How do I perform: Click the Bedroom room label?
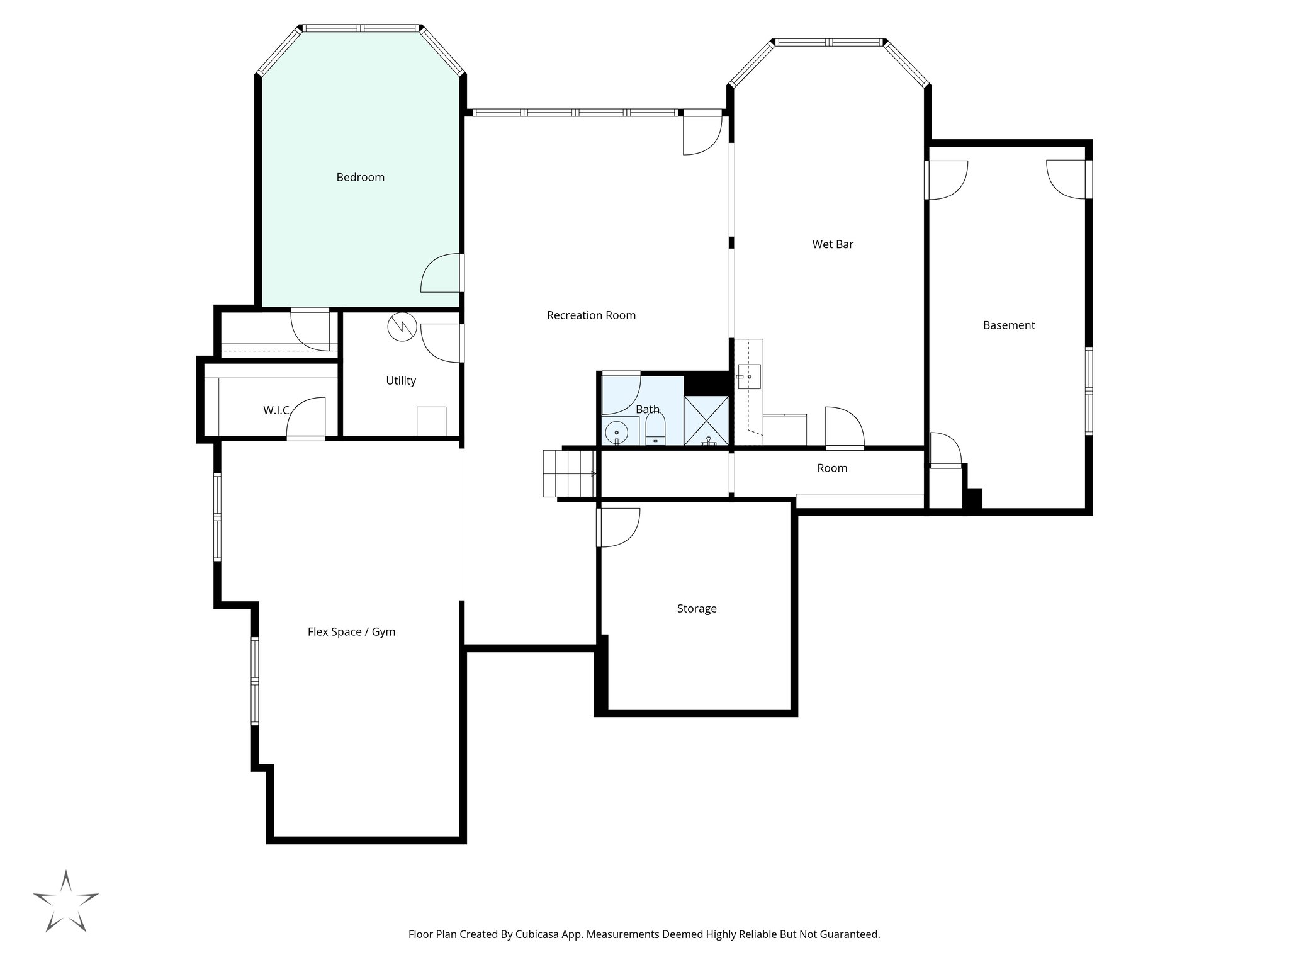tap(360, 178)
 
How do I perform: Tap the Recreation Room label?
tap(591, 315)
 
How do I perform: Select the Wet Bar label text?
tap(832, 244)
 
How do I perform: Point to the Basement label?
tap(1008, 325)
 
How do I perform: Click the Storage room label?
tap(697, 609)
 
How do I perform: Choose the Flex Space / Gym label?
tap(351, 632)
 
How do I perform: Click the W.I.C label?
tap(276, 410)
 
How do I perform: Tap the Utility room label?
tap(401, 381)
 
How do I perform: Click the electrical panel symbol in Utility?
tap(402, 327)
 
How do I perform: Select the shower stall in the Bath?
tap(706, 421)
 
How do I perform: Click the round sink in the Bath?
tap(617, 433)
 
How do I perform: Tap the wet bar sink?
tap(749, 376)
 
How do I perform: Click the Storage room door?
tap(618, 528)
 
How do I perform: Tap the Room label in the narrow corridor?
tap(832, 468)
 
